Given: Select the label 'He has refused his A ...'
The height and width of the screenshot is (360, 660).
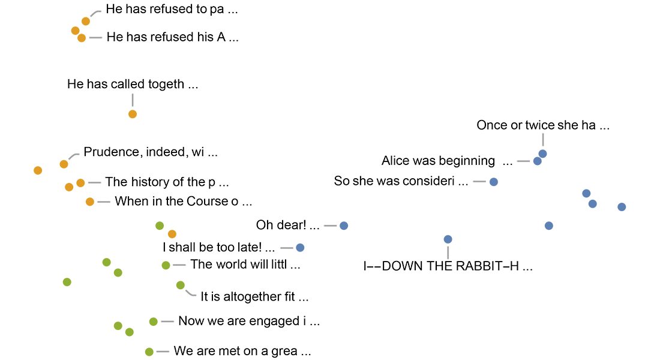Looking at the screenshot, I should tap(173, 37).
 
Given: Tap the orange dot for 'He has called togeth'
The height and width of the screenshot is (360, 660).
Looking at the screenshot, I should tap(133, 114).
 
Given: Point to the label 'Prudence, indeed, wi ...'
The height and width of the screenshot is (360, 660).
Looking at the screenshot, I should tap(151, 152).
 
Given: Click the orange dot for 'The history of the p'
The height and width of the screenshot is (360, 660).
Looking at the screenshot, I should tap(80, 182).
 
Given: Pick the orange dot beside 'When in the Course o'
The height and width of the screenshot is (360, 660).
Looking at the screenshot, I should tap(90, 202).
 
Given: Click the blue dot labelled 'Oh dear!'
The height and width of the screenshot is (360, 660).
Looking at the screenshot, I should tap(344, 226).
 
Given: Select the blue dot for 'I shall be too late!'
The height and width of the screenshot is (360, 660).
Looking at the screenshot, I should tap(300, 247).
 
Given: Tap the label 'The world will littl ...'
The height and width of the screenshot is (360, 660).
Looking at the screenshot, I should tap(245, 264).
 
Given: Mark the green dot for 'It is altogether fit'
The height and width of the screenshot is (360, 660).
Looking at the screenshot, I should tap(181, 285).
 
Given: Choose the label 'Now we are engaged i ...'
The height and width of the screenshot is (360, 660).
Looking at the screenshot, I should tap(249, 321).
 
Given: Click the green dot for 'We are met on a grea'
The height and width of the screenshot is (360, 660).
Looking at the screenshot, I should tap(149, 352).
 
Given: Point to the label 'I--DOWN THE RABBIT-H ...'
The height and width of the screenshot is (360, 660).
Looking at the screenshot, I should tap(448, 266).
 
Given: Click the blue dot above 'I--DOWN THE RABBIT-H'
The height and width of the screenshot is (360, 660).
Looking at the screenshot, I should tap(448, 239).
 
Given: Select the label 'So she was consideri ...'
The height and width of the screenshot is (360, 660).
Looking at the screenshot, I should tap(401, 181).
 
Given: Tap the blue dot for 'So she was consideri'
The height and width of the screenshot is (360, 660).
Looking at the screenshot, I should tap(493, 181).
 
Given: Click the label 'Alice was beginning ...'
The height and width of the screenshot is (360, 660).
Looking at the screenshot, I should tap(448, 161).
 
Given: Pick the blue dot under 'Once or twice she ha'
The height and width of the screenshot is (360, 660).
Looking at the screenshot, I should tap(542, 154).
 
